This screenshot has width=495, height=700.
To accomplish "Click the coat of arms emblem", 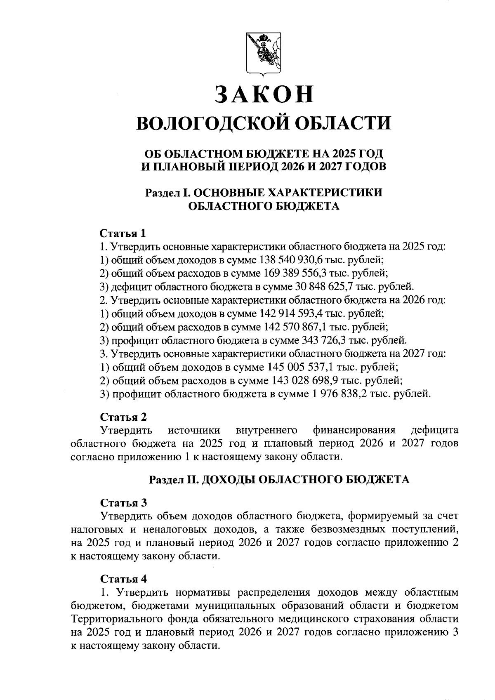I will coord(263,54).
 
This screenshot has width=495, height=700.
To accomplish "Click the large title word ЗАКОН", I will coord(264,94).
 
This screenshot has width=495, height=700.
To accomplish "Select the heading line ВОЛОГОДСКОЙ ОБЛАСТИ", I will coord(264,123).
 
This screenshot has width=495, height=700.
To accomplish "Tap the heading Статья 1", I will coord(123,233).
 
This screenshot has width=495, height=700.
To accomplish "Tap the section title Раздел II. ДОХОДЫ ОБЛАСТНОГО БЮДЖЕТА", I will coord(279,479).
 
